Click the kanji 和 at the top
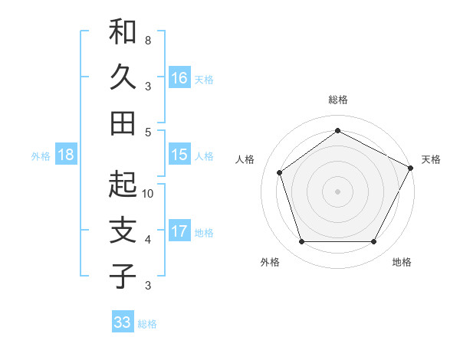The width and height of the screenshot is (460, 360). tap(123, 32)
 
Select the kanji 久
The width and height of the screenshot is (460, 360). tap(123, 77)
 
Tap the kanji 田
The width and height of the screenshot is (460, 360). tap(123, 123)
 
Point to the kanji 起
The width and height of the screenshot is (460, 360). tap(123, 185)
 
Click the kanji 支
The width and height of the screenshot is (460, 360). tap(123, 231)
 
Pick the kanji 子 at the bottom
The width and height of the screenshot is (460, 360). tap(123, 276)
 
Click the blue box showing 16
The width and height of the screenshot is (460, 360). tap(179, 77)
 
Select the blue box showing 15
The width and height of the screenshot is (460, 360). tap(179, 155)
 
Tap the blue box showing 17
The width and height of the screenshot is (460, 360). tap(179, 231)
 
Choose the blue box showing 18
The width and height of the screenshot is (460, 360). tap(66, 155)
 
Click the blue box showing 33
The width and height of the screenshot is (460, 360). tap(123, 322)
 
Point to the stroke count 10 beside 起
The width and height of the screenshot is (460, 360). tap(148, 194)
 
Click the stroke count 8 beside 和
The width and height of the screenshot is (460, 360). tap(148, 40)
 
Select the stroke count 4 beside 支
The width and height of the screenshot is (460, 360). tap(148, 240)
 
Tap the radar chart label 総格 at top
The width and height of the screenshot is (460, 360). tap(338, 100)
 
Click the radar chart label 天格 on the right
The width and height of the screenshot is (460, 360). tap(431, 159)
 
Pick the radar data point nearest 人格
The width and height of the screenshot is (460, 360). tap(280, 172)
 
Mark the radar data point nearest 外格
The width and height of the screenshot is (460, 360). tap(301, 242)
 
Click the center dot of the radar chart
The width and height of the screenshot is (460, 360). tap(338, 191)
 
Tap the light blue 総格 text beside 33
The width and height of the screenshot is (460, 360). tap(147, 324)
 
